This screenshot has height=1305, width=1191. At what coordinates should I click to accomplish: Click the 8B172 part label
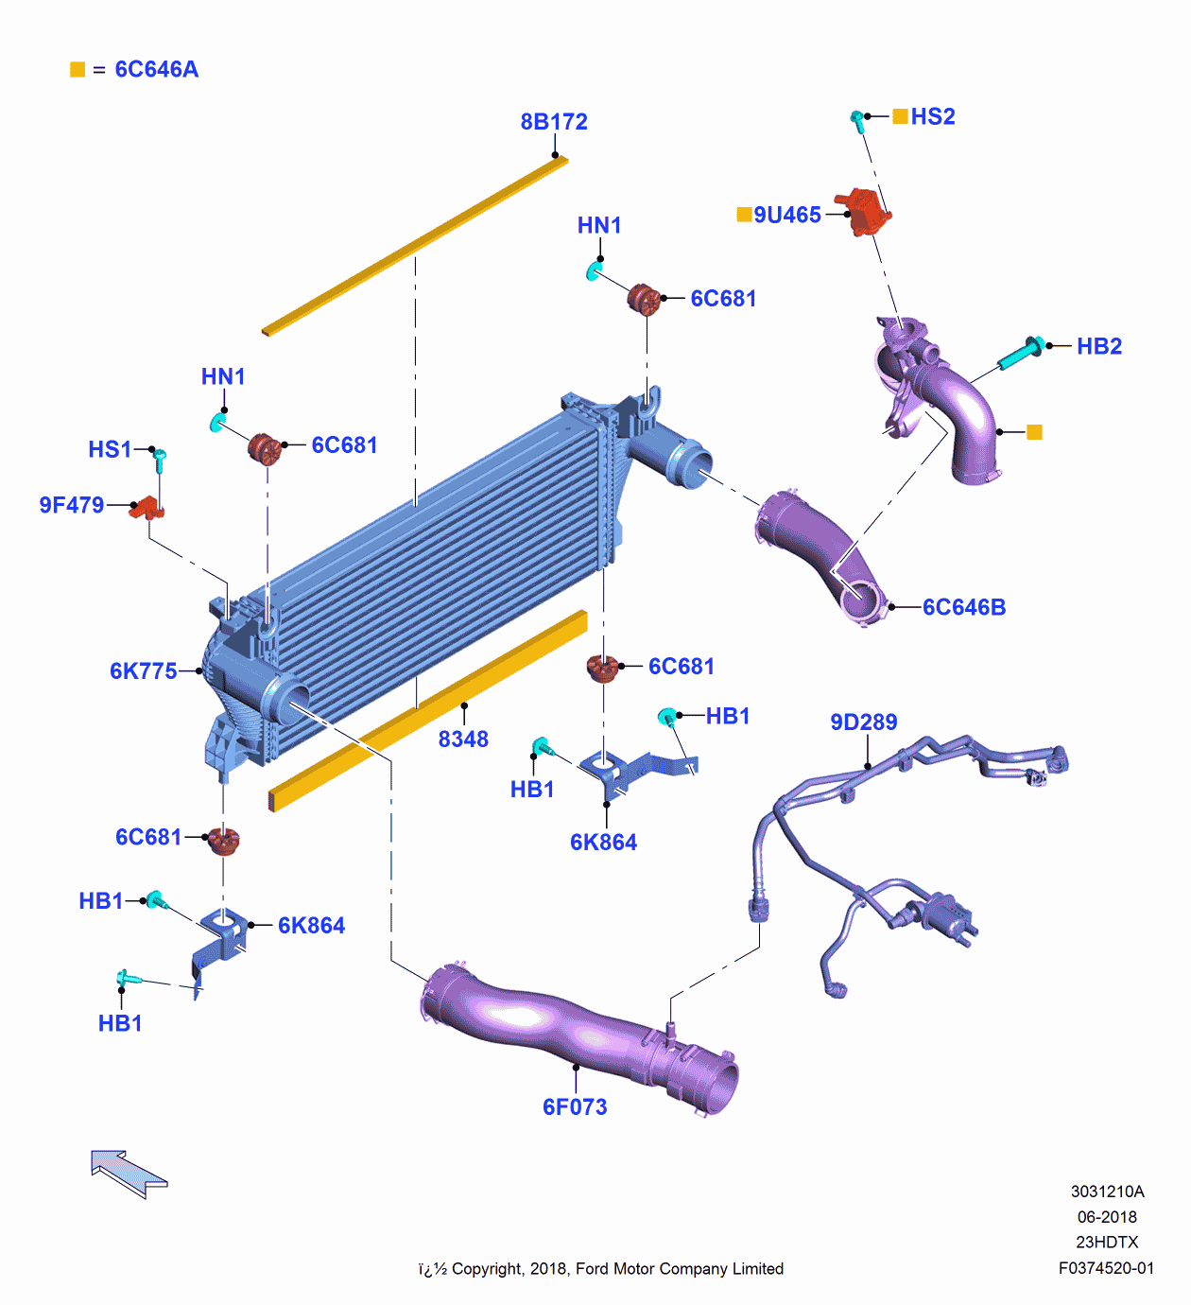(554, 122)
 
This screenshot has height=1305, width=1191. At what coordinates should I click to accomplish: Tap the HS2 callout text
(933, 116)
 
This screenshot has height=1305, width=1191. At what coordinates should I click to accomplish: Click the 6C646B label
(964, 607)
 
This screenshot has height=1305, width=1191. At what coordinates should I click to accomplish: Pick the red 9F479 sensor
(147, 508)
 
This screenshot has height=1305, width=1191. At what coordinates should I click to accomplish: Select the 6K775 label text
(143, 670)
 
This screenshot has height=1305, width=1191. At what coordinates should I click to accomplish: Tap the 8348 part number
(463, 739)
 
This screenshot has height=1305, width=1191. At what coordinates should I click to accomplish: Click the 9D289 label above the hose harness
(864, 722)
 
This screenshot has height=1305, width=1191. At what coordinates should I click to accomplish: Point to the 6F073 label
(575, 1106)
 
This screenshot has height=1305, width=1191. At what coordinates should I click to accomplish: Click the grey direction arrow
(129, 1174)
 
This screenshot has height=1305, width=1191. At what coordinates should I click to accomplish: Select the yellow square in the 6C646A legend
(78, 70)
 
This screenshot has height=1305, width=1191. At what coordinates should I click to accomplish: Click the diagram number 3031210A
(1107, 1192)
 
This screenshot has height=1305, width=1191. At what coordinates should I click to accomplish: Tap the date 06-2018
(1107, 1216)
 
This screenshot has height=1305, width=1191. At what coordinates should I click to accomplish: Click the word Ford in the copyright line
(593, 1268)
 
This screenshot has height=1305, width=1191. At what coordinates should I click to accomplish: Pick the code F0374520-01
(1107, 1268)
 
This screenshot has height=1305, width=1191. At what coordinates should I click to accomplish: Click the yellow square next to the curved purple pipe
(1034, 432)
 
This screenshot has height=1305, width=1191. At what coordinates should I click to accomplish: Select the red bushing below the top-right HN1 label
(644, 299)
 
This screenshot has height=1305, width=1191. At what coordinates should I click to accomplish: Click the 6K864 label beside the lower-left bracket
(312, 925)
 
